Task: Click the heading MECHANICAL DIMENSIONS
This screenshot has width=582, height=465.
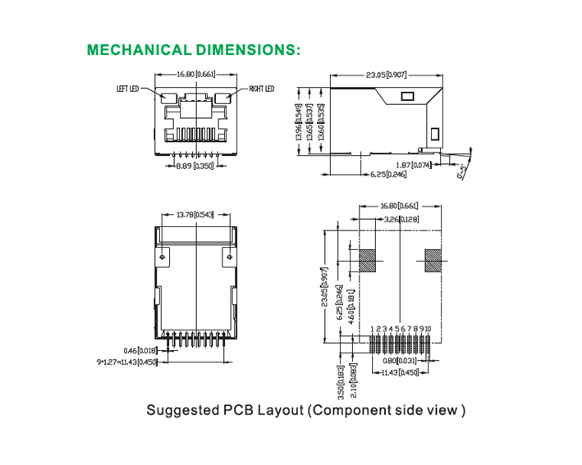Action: tap(194, 49)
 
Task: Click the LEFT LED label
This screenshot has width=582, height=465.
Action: tap(131, 89)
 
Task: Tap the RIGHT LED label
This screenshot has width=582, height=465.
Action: tap(261, 89)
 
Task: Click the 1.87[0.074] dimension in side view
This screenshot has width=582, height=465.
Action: tap(414, 165)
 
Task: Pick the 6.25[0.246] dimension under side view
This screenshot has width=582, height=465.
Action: tap(388, 174)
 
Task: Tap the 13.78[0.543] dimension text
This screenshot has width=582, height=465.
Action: tap(195, 215)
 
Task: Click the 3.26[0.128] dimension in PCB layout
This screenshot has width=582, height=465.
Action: tap(401, 219)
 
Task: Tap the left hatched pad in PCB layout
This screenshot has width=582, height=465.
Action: tap(367, 261)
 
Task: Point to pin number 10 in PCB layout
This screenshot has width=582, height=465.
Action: tap(427, 329)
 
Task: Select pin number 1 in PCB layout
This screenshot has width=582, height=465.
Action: tap(372, 329)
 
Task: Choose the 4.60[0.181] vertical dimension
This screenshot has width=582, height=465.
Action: tap(351, 306)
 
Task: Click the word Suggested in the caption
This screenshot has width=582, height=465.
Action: tap(179, 410)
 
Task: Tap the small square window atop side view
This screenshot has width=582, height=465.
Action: tap(406, 96)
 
